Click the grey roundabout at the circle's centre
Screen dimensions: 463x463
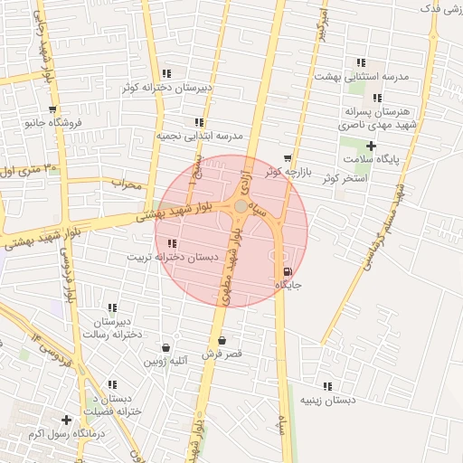click(x=241, y=207)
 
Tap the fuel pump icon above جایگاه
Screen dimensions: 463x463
click(x=288, y=271)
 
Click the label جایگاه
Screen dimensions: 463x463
click(x=288, y=286)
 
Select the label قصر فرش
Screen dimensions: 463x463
click(x=222, y=354)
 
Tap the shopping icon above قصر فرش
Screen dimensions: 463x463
click(x=222, y=340)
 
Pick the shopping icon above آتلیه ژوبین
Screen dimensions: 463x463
click(x=165, y=347)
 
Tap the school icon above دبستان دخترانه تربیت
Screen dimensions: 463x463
click(x=172, y=243)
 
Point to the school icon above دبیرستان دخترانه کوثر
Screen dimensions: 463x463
click(x=166, y=73)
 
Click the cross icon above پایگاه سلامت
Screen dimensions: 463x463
click(x=371, y=146)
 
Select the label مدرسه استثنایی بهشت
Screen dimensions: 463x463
click(x=362, y=77)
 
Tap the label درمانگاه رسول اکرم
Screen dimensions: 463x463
click(x=66, y=434)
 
